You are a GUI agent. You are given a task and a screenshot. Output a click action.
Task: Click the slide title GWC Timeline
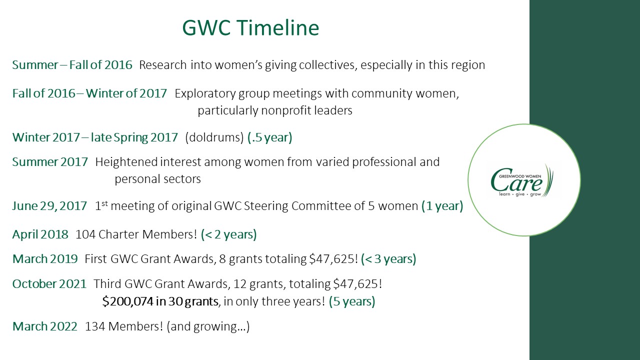[x=250, y=27]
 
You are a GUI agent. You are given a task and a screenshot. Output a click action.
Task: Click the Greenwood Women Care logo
[x=522, y=180]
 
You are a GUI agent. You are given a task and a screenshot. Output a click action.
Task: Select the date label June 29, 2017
[x=49, y=206]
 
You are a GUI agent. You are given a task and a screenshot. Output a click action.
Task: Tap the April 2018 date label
[x=40, y=234]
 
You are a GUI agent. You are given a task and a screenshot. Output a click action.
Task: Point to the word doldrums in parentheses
[x=214, y=137]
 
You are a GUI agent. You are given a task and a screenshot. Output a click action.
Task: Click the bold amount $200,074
[x=127, y=301]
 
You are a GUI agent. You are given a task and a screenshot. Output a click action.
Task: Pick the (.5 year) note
[x=269, y=137]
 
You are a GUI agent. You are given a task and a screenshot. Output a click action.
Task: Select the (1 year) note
[x=442, y=206]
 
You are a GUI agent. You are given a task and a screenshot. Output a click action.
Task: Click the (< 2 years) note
[x=228, y=234]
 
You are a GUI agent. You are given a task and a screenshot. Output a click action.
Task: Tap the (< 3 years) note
[x=388, y=259]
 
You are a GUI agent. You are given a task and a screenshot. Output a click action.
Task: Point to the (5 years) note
[x=351, y=301]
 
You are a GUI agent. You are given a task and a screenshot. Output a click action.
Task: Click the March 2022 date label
[x=45, y=326]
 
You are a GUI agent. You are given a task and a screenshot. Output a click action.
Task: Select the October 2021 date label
[x=49, y=284]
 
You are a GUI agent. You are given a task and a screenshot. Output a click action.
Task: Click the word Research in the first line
[x=163, y=65]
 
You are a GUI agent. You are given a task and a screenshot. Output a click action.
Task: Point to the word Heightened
[x=126, y=162]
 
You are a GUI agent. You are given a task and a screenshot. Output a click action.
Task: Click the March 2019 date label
[x=45, y=259]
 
